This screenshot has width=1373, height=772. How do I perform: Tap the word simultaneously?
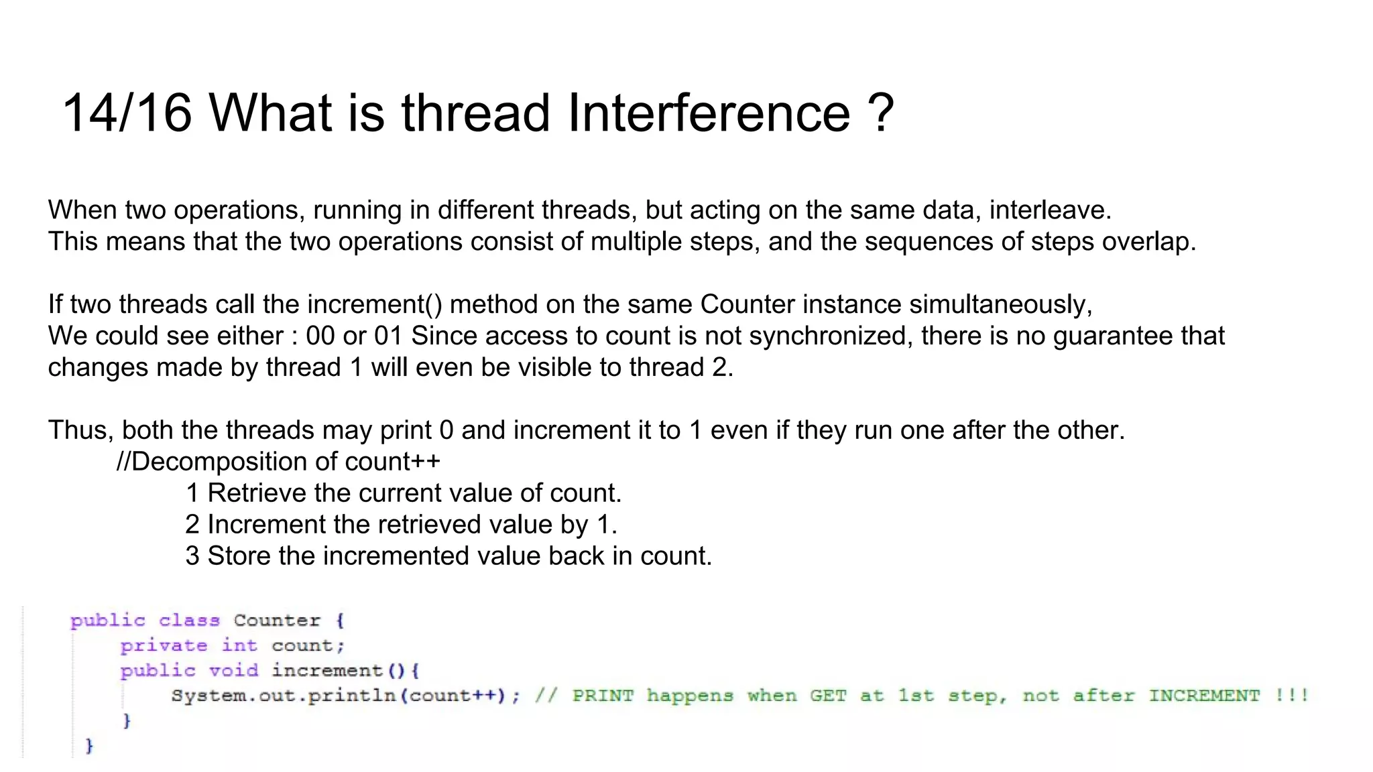coord(1000,305)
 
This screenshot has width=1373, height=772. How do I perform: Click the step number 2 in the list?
coord(192,525)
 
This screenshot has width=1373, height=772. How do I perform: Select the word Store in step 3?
coord(239,556)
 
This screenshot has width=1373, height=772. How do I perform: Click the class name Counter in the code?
coord(277,621)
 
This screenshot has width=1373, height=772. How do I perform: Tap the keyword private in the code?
coord(164,646)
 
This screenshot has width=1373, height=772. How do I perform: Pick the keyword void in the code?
coord(233,671)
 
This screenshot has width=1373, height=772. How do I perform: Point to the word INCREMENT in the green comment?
coord(1204,696)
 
